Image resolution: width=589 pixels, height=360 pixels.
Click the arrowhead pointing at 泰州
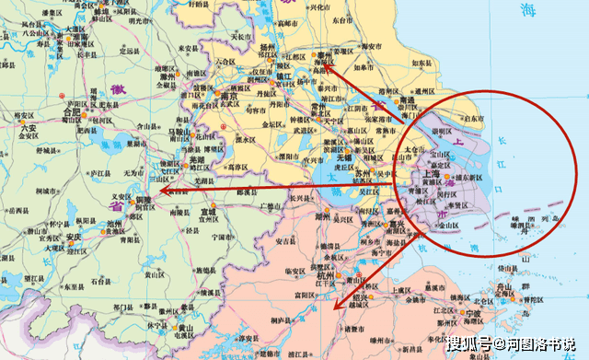click(x=327, y=64)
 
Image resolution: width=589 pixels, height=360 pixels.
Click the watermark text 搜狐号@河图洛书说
click(x=511, y=344)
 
